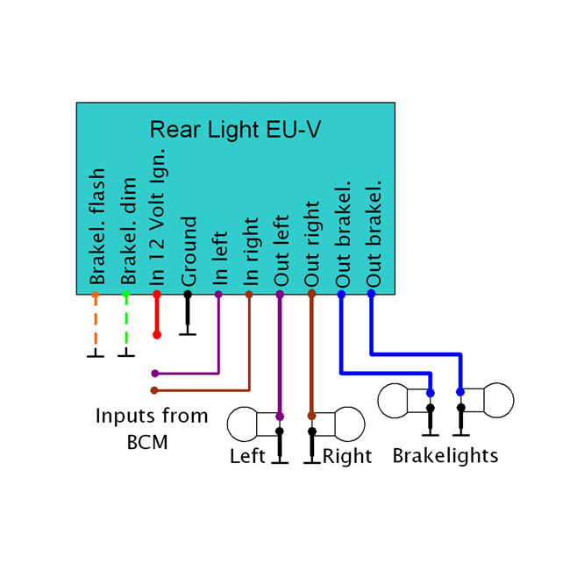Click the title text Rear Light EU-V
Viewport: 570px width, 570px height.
[235, 130]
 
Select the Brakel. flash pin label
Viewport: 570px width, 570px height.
[97, 227]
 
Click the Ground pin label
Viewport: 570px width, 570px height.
[189, 252]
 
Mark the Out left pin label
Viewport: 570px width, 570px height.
[281, 252]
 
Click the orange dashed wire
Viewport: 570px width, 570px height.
[96, 324]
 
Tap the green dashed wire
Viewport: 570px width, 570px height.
[126, 324]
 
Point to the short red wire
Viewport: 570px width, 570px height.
[157, 316]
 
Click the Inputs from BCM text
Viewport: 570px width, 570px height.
[152, 428]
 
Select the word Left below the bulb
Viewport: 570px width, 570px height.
[247, 457]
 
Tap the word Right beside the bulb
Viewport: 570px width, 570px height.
[347, 457]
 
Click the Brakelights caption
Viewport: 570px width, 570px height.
[445, 456]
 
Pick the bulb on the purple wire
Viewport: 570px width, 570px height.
[253, 424]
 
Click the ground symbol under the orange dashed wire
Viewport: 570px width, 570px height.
[96, 355]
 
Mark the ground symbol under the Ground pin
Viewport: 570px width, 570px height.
[188, 333]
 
